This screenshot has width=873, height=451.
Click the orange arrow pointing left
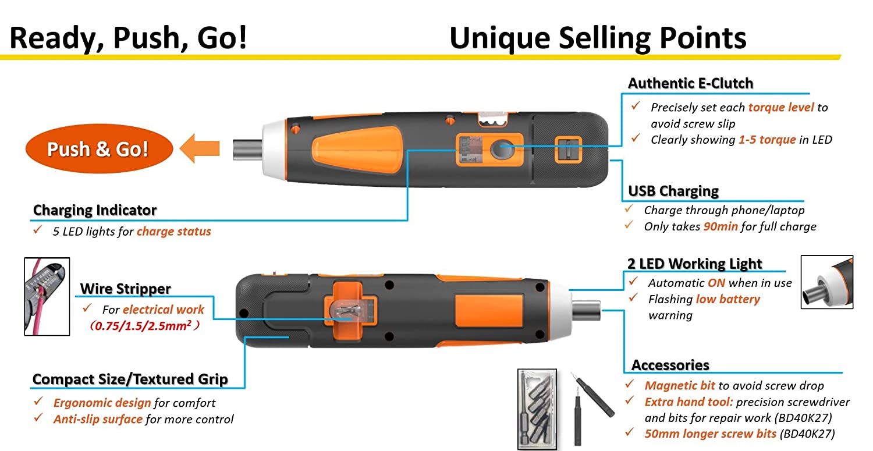(x=199, y=148)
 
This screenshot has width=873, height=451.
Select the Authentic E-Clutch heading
(x=690, y=83)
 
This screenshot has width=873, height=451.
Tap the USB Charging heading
(x=673, y=191)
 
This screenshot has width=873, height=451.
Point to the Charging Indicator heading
(x=95, y=210)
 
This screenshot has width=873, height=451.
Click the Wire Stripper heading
(x=125, y=289)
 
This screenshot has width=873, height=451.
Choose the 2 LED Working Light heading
(x=695, y=264)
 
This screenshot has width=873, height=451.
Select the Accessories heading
(x=670, y=365)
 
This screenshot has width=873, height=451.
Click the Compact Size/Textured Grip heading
(x=130, y=379)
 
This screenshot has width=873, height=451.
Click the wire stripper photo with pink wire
(x=47, y=296)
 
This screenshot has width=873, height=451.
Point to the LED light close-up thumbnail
(x=826, y=282)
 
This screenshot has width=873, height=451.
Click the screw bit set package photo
(x=537, y=409)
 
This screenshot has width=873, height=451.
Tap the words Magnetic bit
(x=679, y=385)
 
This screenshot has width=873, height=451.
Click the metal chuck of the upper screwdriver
(x=247, y=149)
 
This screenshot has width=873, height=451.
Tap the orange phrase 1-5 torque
(x=766, y=140)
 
